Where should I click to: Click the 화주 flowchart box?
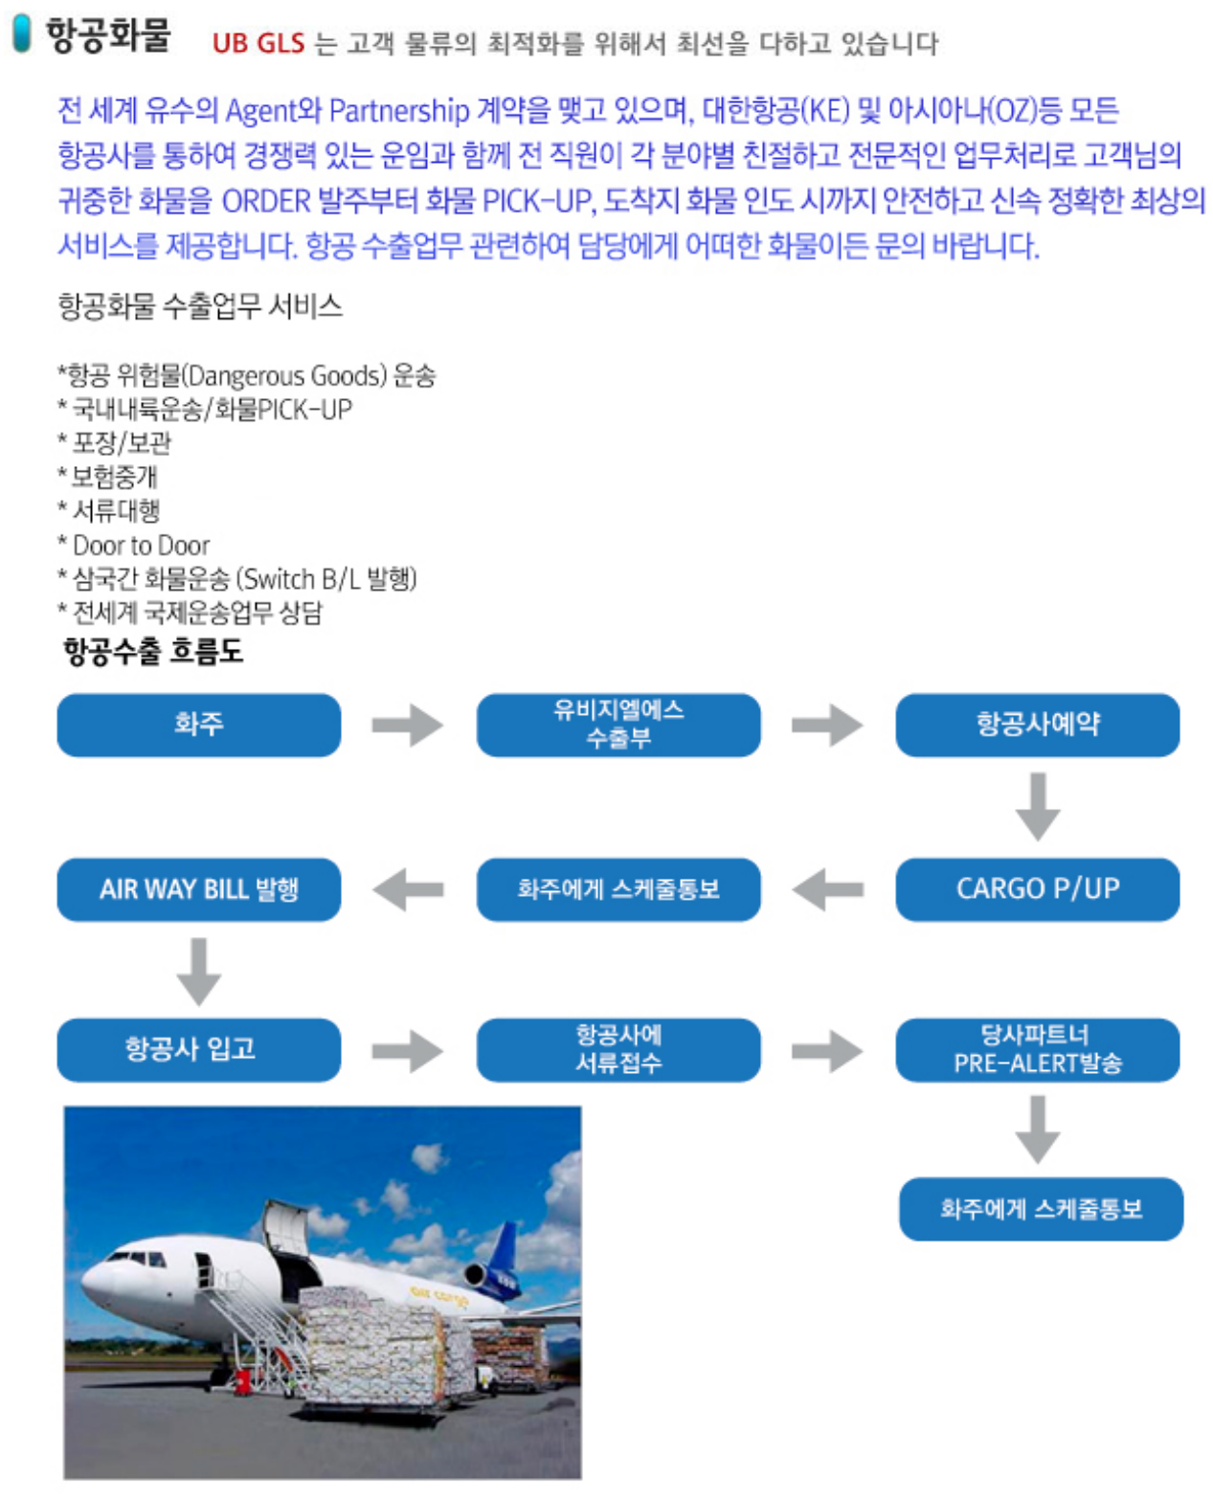tap(198, 725)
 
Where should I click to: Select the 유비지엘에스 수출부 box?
tap(618, 725)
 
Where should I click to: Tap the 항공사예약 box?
tap(1037, 725)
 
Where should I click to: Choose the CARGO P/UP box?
tap(1037, 889)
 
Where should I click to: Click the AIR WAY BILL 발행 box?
tap(198, 889)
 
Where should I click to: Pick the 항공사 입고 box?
tap(198, 1049)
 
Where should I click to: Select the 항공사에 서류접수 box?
tap(618, 1049)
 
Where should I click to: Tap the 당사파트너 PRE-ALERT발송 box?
tap(1037, 1049)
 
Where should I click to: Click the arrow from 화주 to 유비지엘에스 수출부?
tap(408, 725)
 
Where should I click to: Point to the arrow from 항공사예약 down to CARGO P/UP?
tap(1037, 807)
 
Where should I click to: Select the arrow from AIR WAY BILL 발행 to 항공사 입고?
tap(198, 971)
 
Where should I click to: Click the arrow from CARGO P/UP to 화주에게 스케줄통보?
tap(828, 889)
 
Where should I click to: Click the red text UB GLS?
tap(258, 43)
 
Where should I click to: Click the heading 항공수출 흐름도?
tap(153, 652)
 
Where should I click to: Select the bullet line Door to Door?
tap(134, 546)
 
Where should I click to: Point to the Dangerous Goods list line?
tap(246, 375)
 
